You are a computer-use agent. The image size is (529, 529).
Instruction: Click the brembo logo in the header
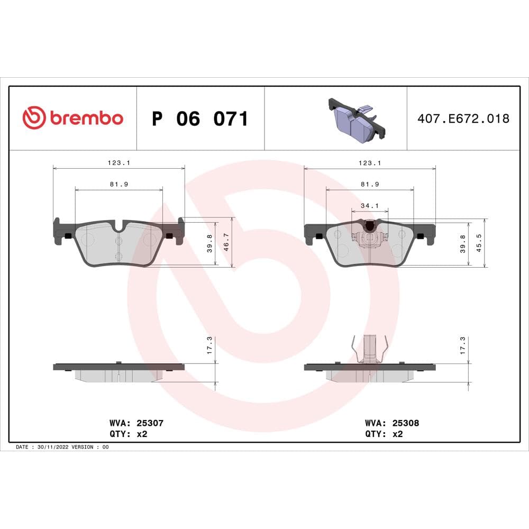point(72,118)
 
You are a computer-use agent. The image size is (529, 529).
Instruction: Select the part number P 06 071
point(199,119)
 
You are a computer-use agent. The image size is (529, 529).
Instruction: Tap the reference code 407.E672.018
point(463,118)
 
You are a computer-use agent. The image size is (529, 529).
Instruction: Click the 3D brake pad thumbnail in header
point(354,121)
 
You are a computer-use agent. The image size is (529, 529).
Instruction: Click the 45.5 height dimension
point(480,243)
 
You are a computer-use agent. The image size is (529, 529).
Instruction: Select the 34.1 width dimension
point(370,205)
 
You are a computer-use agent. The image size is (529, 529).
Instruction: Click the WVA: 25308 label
point(391,423)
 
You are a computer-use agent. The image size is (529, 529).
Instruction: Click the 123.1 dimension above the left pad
point(119,163)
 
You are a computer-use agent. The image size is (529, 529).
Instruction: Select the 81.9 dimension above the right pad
point(370,185)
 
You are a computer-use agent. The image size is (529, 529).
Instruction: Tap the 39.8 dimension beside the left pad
point(210,243)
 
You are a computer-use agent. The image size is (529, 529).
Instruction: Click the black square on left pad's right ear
point(169,236)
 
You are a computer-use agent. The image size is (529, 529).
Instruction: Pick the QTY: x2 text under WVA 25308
point(384,434)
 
